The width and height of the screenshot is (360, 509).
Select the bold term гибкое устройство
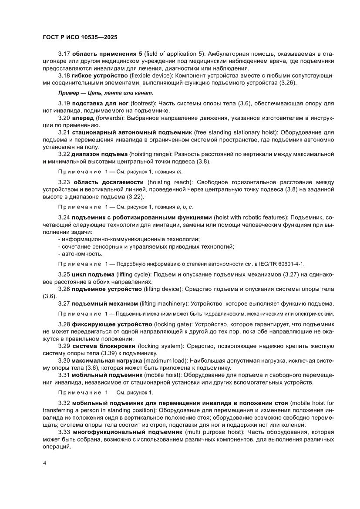pos(99,75)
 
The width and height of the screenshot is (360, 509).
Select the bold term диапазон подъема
pos(100,154)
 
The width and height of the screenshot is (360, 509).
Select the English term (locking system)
pos(158,346)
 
